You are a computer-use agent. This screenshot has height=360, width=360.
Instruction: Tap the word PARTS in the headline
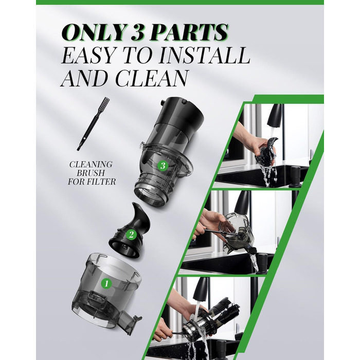[188, 32]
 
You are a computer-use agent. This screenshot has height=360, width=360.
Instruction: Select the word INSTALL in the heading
[204, 56]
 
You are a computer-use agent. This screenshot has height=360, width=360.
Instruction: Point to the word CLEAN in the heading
[151, 78]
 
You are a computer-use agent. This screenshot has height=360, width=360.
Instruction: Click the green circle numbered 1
[106, 284]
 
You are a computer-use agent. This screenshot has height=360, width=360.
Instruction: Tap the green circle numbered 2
[132, 234]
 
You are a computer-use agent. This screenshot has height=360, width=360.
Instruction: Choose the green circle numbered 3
[163, 166]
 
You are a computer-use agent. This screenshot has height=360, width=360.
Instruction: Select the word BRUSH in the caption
[91, 173]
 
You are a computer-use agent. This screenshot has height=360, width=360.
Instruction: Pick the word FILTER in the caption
[103, 182]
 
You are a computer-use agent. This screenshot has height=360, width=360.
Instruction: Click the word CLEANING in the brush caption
[91, 165]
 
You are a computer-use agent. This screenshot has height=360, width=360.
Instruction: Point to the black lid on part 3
[181, 113]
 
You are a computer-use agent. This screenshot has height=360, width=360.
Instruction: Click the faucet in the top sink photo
[276, 115]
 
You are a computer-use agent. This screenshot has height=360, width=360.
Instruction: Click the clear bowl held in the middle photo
[236, 232]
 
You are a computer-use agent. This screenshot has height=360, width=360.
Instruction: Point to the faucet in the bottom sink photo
[201, 289]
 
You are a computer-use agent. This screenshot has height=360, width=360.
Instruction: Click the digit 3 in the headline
[137, 32]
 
